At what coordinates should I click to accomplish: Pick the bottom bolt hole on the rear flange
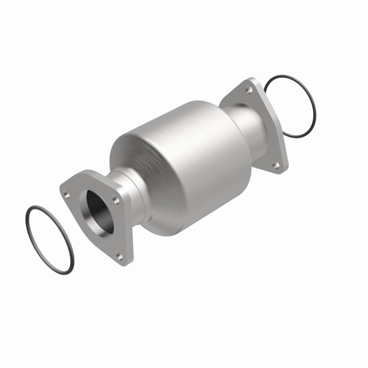(275, 164)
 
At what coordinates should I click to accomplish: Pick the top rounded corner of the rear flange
(251, 81)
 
